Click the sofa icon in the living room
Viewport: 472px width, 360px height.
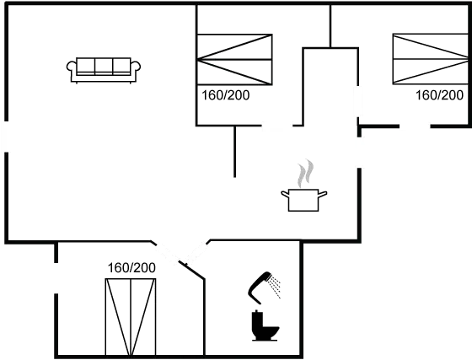[104, 70]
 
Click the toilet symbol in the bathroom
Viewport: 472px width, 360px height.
[265, 325]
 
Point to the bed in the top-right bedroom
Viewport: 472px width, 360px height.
[431, 59]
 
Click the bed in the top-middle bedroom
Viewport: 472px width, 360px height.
[234, 60]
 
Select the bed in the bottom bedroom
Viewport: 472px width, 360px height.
[131, 317]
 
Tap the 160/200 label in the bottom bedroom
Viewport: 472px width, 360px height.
[131, 267]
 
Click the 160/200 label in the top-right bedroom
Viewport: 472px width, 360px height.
[439, 95]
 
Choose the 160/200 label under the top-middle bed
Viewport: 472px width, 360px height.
[226, 95]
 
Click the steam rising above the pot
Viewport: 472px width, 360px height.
[305, 173]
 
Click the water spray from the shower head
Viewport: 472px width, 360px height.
[275, 287]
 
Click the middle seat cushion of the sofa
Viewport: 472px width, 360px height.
[104, 65]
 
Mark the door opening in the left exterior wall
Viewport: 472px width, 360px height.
[6, 137]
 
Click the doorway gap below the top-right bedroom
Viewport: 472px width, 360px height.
[415, 126]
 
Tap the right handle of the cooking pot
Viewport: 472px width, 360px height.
[323, 194]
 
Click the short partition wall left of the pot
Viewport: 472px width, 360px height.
[235, 152]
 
